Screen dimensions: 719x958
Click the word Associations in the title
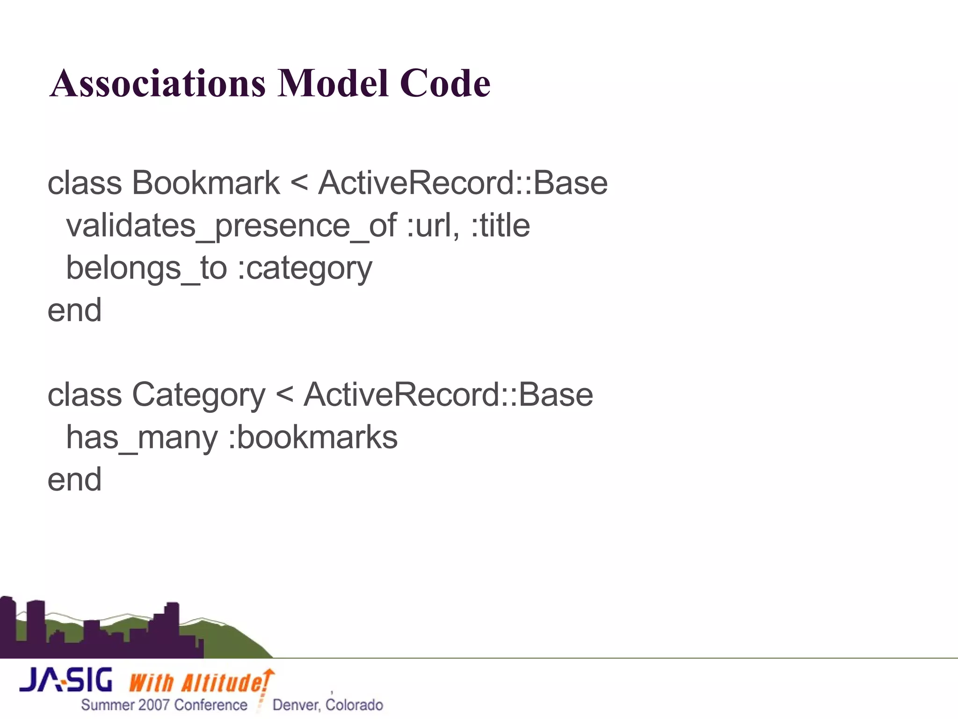click(x=158, y=83)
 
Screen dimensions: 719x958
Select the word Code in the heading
click(x=445, y=83)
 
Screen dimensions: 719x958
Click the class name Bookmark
click(x=205, y=183)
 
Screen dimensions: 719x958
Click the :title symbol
click(x=500, y=226)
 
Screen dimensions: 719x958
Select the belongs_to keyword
click(x=146, y=268)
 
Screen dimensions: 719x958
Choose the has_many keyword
click(x=142, y=438)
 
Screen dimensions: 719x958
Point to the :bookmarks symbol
click(x=312, y=437)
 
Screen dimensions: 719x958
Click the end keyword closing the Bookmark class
click(x=75, y=310)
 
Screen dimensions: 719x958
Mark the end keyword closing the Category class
click(x=75, y=480)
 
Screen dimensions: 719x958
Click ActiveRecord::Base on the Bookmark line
click(x=463, y=183)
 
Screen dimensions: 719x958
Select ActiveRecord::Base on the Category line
click(x=448, y=395)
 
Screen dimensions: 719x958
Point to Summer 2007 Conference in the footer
click(x=164, y=705)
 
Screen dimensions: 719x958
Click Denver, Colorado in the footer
click(x=327, y=705)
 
